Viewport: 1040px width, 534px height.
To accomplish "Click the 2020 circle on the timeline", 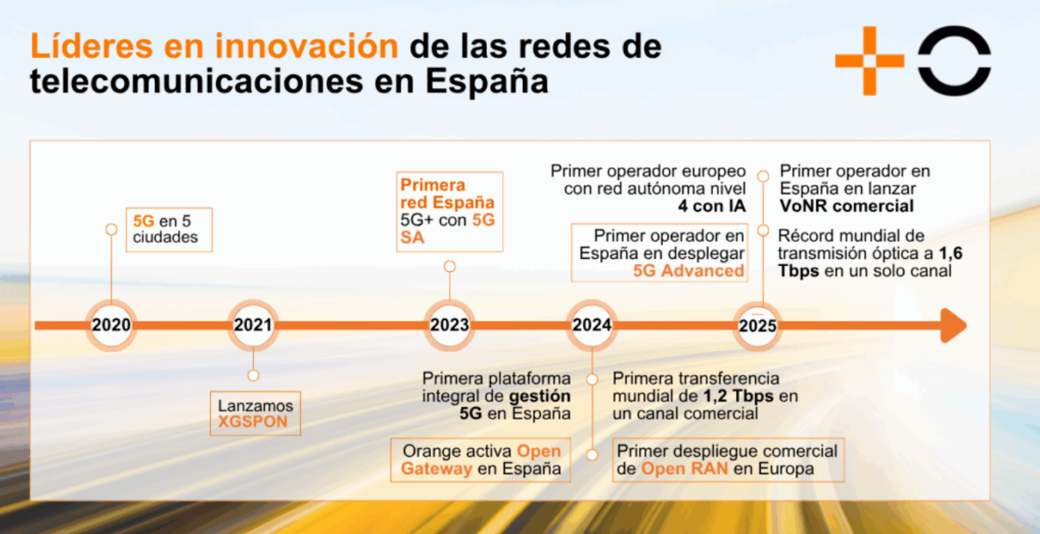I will (111, 325).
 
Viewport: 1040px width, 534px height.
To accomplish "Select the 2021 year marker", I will (253, 325).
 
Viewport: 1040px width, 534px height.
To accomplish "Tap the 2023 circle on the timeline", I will (450, 325).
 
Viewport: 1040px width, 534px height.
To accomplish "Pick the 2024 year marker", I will (592, 325).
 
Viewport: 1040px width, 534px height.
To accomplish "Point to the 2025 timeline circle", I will (758, 326).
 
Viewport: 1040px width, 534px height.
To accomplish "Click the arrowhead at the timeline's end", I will (952, 325).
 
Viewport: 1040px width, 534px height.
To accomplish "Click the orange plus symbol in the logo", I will (869, 61).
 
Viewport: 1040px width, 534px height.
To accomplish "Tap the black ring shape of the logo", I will (954, 61).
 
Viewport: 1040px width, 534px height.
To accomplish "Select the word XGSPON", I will (255, 422).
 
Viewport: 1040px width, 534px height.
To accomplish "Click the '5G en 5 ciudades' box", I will (169, 229).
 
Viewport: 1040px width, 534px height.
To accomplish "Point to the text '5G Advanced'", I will (688, 271).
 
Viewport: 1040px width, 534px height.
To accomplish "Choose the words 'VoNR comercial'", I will (847, 206).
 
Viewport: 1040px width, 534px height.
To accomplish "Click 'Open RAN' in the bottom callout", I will (684, 469).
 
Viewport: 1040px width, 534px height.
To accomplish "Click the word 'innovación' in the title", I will (307, 47).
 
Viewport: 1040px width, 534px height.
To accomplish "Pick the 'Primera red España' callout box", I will (450, 211).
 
